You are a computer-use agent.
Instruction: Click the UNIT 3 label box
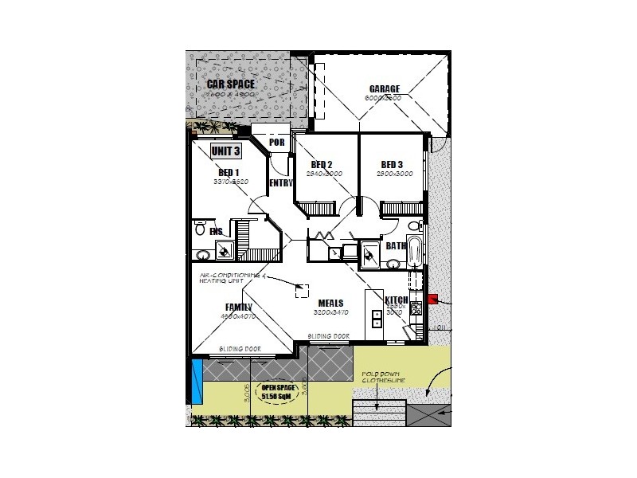coord(225,150)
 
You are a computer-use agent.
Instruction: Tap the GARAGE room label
coord(384,89)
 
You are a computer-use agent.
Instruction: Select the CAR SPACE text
coord(230,84)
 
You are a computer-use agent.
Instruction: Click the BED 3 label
coord(397,164)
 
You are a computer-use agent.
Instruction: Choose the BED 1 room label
coord(229,172)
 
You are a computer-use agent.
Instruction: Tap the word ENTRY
coord(281,183)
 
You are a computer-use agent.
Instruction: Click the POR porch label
coord(276,143)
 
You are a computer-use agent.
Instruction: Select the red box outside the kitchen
coord(433,300)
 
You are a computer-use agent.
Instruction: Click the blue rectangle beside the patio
coord(197,382)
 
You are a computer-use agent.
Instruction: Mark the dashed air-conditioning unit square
coord(302,291)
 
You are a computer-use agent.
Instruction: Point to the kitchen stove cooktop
coord(415,308)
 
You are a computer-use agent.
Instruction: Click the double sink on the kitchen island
coord(376,318)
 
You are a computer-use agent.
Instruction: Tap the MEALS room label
coord(330,303)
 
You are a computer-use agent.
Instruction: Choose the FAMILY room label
coord(238,307)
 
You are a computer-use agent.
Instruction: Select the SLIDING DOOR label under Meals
coord(329,336)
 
